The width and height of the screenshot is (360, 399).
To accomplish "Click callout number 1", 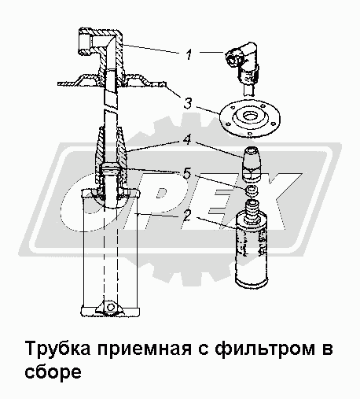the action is [x=189, y=54].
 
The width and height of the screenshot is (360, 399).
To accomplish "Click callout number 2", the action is [x=187, y=216].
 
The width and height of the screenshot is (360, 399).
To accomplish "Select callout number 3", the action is [x=188, y=103].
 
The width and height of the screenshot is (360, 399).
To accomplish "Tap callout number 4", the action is [x=188, y=140].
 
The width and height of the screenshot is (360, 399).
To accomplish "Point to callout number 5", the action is [x=187, y=174].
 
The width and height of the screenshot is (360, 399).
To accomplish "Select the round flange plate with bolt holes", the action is [x=250, y=118].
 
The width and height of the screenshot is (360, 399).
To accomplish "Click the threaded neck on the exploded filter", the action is [x=252, y=209].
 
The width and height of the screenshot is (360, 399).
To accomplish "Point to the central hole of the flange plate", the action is [x=250, y=116].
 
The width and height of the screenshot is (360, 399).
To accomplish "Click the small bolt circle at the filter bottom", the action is [x=111, y=307].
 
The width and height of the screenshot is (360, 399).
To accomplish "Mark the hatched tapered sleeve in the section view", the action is [x=111, y=155].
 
